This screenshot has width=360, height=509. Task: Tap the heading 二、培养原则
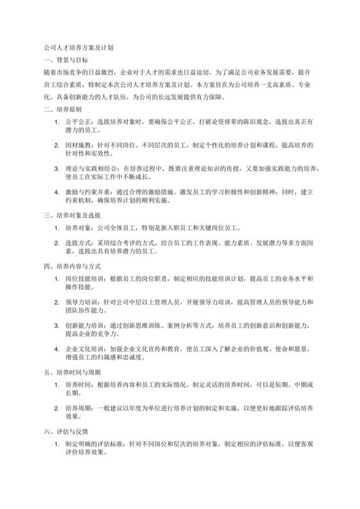pos(63,110)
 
